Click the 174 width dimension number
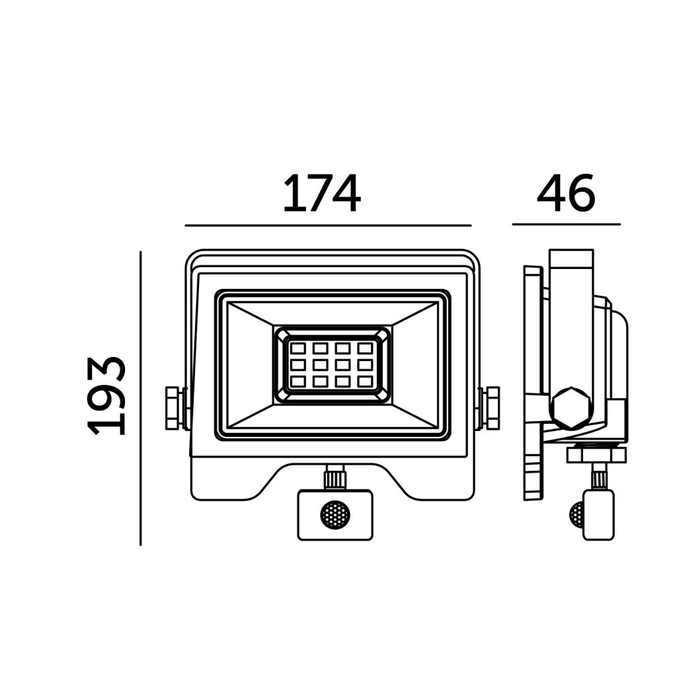(x=322, y=194)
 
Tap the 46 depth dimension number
(x=566, y=194)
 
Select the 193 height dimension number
(x=106, y=395)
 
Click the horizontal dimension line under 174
(x=328, y=225)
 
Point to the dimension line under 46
(x=567, y=225)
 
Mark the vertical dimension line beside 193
(x=141, y=399)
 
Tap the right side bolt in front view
(x=489, y=408)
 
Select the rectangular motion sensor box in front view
(x=335, y=514)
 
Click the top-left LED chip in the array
(x=298, y=348)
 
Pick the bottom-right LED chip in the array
(x=365, y=381)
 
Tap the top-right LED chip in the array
(x=365, y=348)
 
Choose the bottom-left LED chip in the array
(x=298, y=381)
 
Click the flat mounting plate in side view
(x=533, y=383)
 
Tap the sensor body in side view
(x=598, y=514)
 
